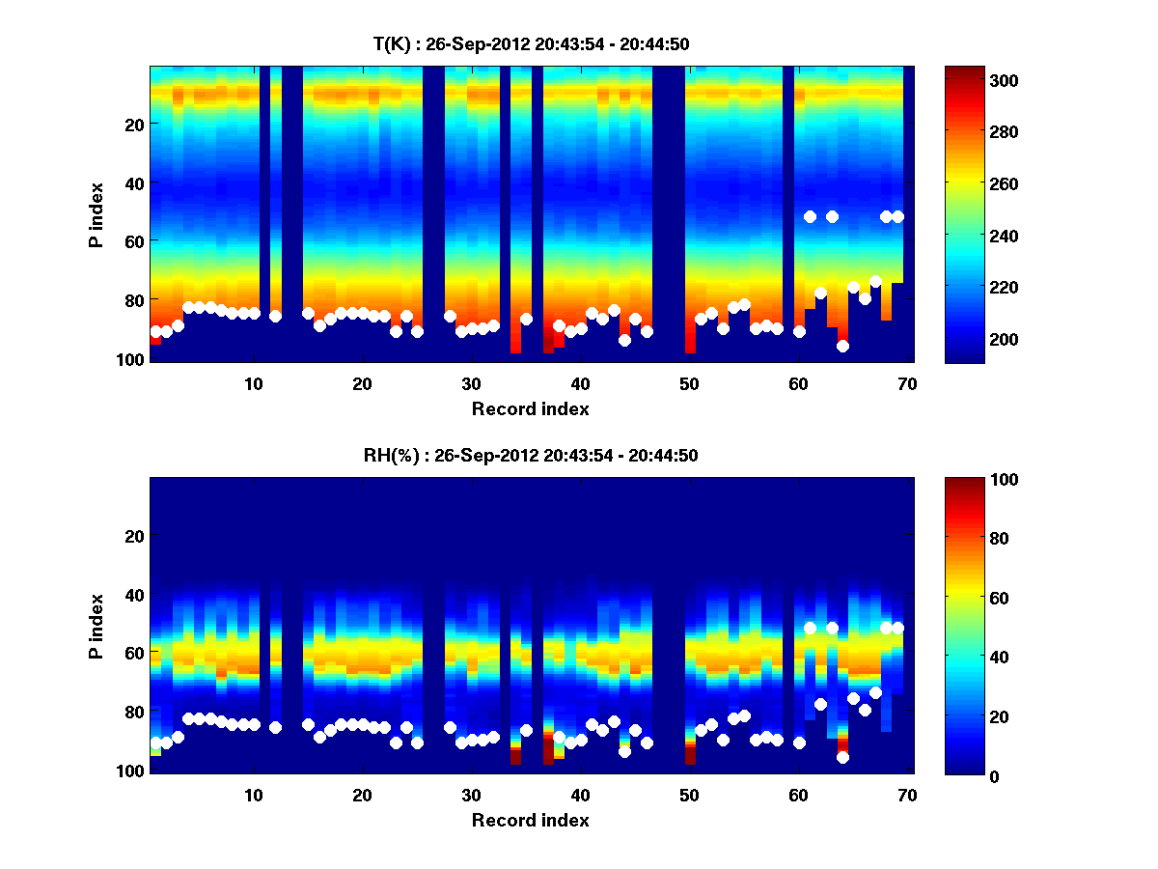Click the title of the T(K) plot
[x=531, y=43]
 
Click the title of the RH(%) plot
[x=531, y=455]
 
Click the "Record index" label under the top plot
[x=530, y=408]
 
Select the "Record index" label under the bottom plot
[x=530, y=820]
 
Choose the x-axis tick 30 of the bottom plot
[x=471, y=796]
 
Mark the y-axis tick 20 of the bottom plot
[x=135, y=536]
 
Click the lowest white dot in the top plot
[x=842, y=346]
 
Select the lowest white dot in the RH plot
[x=842, y=757]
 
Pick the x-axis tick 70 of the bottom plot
[x=907, y=796]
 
